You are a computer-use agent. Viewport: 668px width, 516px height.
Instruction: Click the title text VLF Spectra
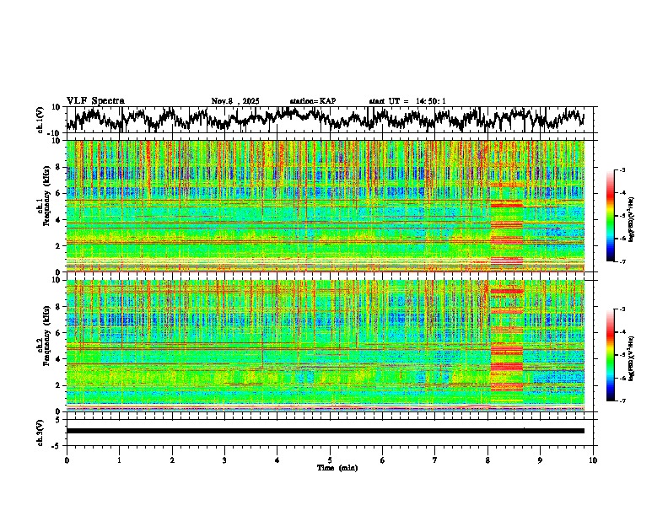pyautogui.click(x=95, y=101)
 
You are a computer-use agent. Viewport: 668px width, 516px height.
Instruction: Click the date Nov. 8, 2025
pyautogui.click(x=235, y=101)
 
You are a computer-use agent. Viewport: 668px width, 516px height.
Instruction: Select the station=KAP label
pyautogui.click(x=312, y=101)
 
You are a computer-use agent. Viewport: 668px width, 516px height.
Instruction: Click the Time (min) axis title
pyautogui.click(x=337, y=467)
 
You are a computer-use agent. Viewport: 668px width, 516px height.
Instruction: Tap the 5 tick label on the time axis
pyautogui.click(x=330, y=460)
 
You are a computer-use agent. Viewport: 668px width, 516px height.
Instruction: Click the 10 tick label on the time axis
pyautogui.click(x=593, y=460)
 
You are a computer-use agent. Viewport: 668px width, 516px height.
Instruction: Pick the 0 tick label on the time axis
pyautogui.click(x=67, y=460)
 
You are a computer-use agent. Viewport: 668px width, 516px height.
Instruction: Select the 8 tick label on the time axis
pyautogui.click(x=488, y=460)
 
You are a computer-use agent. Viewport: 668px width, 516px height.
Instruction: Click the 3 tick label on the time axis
pyautogui.click(x=224, y=460)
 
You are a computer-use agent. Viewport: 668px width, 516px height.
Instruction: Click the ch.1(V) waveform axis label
pyautogui.click(x=40, y=120)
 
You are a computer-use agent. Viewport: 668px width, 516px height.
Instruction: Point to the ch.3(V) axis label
pyautogui.click(x=40, y=431)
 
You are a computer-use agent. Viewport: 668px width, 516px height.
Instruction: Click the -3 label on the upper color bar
pyautogui.click(x=622, y=170)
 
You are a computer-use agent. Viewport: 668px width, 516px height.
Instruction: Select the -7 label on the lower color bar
pyautogui.click(x=622, y=400)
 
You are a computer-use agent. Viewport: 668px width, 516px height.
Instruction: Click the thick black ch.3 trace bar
pyautogui.click(x=325, y=431)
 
